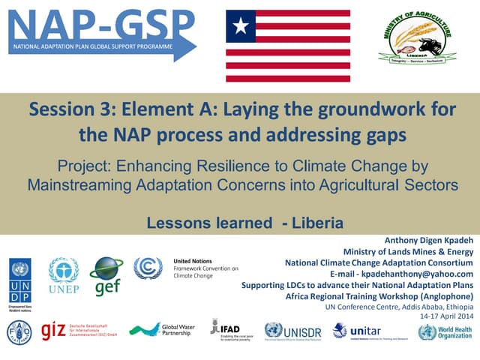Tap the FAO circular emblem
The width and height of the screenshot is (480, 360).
[19, 331]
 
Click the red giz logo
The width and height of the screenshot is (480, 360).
[54, 331]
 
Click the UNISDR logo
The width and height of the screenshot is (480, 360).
[293, 331]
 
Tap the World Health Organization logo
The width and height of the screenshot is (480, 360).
[445, 331]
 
